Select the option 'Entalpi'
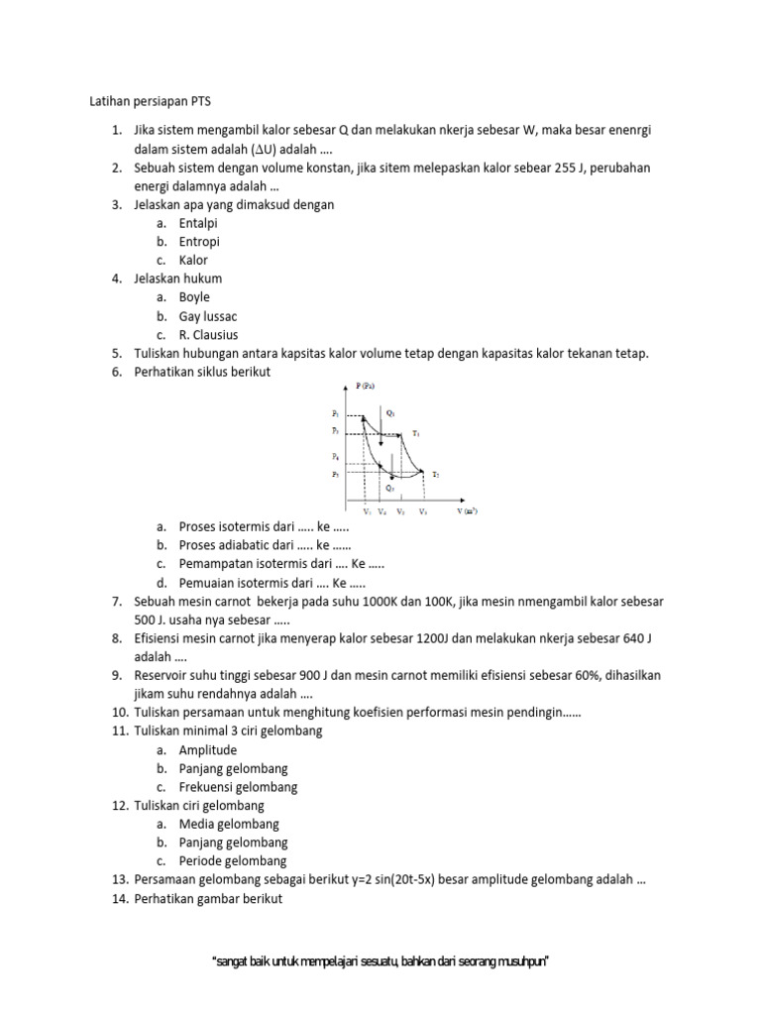(x=198, y=223)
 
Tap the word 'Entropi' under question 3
(x=199, y=242)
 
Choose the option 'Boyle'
(x=194, y=297)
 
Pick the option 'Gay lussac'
(x=209, y=316)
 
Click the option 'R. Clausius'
(x=208, y=335)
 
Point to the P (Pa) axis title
(x=364, y=385)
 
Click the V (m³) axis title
(x=468, y=511)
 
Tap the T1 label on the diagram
(x=417, y=433)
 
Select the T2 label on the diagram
(x=435, y=475)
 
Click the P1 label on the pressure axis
(x=336, y=411)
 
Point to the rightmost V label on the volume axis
(x=423, y=512)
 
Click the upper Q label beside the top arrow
(x=390, y=411)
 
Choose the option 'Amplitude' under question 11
(x=208, y=750)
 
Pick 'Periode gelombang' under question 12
(x=233, y=861)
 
